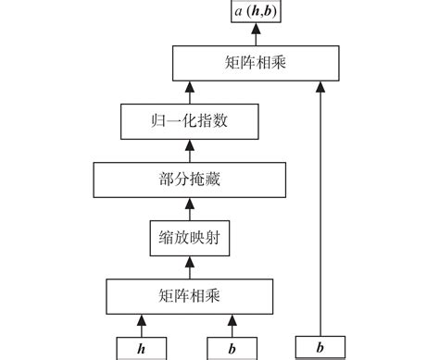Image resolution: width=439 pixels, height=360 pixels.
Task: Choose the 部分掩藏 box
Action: tap(188, 179)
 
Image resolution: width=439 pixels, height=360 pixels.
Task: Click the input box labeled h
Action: tap(141, 350)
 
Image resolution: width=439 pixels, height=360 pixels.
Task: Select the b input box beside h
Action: tap(232, 350)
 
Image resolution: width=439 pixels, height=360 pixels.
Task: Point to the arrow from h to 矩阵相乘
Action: tap(141, 326)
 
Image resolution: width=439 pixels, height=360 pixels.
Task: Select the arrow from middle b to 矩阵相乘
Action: tap(232, 326)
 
